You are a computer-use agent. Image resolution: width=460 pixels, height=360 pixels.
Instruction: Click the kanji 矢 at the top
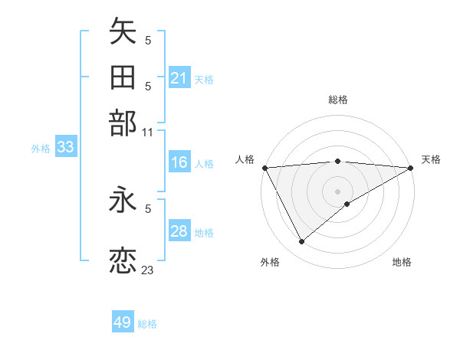[x=123, y=32]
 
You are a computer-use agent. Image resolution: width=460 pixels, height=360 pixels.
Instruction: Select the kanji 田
[x=123, y=78]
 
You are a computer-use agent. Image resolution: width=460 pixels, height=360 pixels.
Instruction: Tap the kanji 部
[x=123, y=123]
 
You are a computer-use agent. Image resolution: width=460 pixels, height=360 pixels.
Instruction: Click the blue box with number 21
[x=179, y=78]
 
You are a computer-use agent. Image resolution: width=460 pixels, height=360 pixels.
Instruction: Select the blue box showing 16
[x=179, y=162]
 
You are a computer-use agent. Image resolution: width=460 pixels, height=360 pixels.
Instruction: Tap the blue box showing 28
[x=179, y=231]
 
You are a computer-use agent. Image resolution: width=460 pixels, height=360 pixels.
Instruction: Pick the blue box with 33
[x=65, y=148]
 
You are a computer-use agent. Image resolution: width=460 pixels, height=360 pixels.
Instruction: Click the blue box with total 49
[x=123, y=322]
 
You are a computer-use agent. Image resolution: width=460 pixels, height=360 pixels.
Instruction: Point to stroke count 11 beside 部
[x=148, y=132]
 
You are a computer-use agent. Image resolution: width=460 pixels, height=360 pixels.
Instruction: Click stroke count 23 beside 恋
[x=148, y=270]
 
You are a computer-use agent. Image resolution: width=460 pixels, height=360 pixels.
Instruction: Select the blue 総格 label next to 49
[x=147, y=324]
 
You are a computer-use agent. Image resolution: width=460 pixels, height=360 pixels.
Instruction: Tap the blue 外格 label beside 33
[x=41, y=149]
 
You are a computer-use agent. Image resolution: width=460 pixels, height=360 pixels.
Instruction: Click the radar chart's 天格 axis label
[x=431, y=159]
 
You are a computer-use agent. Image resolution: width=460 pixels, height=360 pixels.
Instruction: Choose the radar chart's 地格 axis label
[x=402, y=262]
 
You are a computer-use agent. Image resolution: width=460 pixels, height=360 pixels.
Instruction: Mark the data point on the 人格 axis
[x=264, y=167]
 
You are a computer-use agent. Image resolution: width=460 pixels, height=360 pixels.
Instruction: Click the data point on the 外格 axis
[x=301, y=242]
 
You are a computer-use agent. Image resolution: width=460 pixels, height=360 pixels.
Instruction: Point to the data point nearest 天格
[x=411, y=168]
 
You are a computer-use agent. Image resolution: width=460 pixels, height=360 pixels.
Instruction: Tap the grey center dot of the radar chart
[x=337, y=190]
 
